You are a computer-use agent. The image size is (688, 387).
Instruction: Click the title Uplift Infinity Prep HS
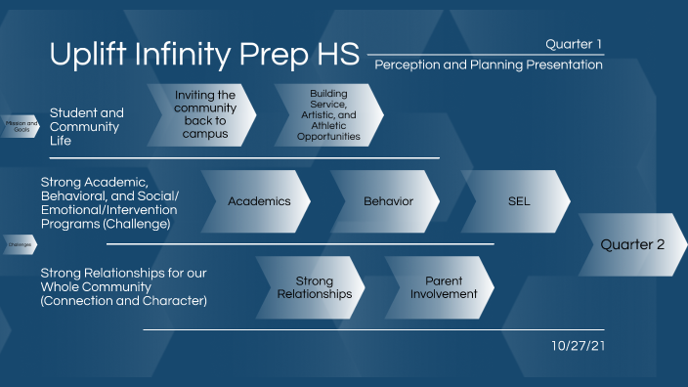click(x=204, y=55)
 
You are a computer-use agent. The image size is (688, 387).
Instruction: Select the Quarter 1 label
click(x=574, y=43)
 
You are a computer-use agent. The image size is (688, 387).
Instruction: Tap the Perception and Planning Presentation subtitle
click(x=488, y=64)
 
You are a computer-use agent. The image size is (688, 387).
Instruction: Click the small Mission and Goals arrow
click(x=21, y=126)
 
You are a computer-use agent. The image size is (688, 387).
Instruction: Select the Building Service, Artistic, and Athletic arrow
click(x=328, y=114)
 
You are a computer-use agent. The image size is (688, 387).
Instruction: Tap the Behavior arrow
click(x=387, y=201)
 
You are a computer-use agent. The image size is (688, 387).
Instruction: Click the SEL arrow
click(x=518, y=201)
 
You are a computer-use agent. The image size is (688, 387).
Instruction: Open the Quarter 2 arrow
click(x=631, y=244)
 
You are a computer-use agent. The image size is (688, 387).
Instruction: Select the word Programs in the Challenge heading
click(x=68, y=224)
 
